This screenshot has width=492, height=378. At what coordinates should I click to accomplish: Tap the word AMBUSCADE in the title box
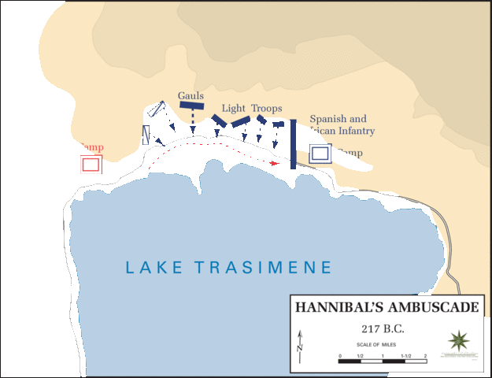(x=432, y=306)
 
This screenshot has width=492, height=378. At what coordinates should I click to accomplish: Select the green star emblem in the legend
(x=457, y=341)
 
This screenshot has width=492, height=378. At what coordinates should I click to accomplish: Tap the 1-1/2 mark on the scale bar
(x=405, y=358)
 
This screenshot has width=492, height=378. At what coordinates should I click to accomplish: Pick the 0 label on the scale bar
(x=340, y=358)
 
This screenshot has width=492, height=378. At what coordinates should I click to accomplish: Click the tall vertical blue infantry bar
(x=293, y=144)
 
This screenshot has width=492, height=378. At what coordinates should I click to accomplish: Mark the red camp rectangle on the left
(x=91, y=164)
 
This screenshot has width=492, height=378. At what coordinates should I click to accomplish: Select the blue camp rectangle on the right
(x=320, y=154)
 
